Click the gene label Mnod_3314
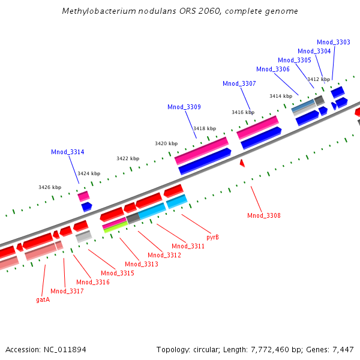[68, 152]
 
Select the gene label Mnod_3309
[184, 107]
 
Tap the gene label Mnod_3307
[239, 83]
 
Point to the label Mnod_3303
[334, 42]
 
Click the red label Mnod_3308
[264, 215]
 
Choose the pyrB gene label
[212, 237]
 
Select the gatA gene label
[43, 299]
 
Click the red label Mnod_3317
[67, 291]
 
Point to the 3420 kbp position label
[166, 144]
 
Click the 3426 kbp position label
[50, 187]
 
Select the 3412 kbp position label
[319, 79]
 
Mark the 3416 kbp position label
[243, 112]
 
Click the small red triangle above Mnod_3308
[242, 163]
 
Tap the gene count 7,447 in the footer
[343, 349]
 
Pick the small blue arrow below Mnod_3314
[86, 206]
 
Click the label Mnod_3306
[273, 69]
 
